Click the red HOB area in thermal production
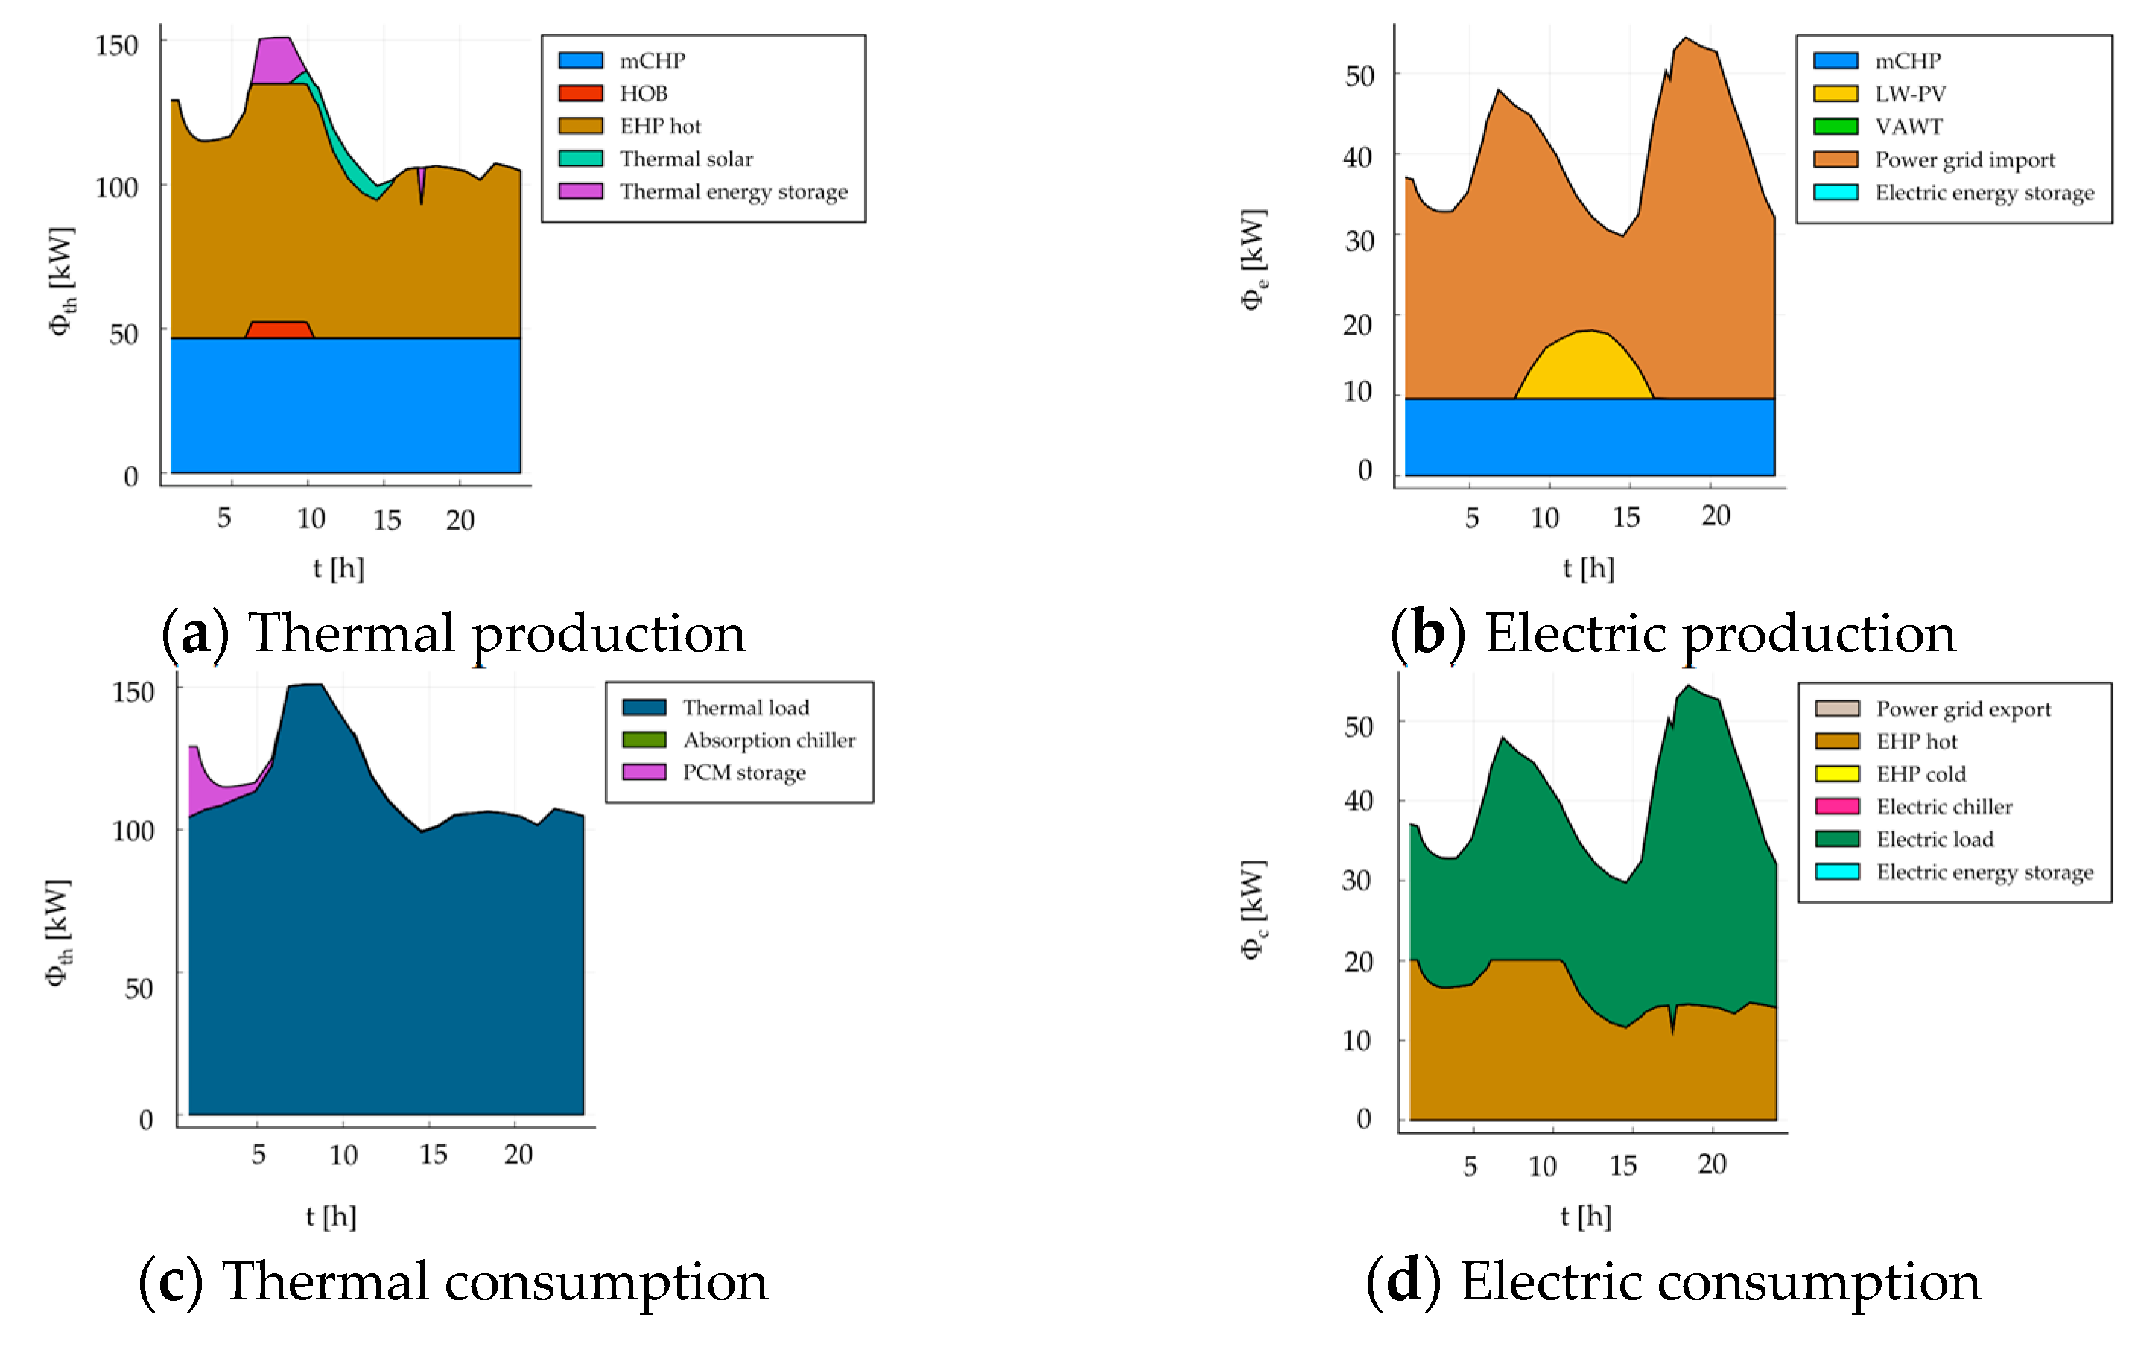(279, 330)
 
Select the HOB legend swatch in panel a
(581, 94)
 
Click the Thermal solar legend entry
(685, 159)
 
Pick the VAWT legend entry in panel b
(1908, 127)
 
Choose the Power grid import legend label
(1964, 160)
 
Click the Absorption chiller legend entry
(769, 741)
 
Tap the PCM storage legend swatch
(644, 773)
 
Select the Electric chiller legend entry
(1944, 807)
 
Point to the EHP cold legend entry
(1920, 774)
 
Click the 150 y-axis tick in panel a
(117, 46)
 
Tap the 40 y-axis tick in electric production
(1357, 158)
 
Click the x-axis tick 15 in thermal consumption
(433, 1155)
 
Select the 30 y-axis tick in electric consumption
(1357, 881)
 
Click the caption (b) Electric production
(1672, 634)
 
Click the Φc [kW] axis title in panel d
(1253, 910)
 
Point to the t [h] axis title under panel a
(338, 568)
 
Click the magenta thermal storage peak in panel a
(277, 60)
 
